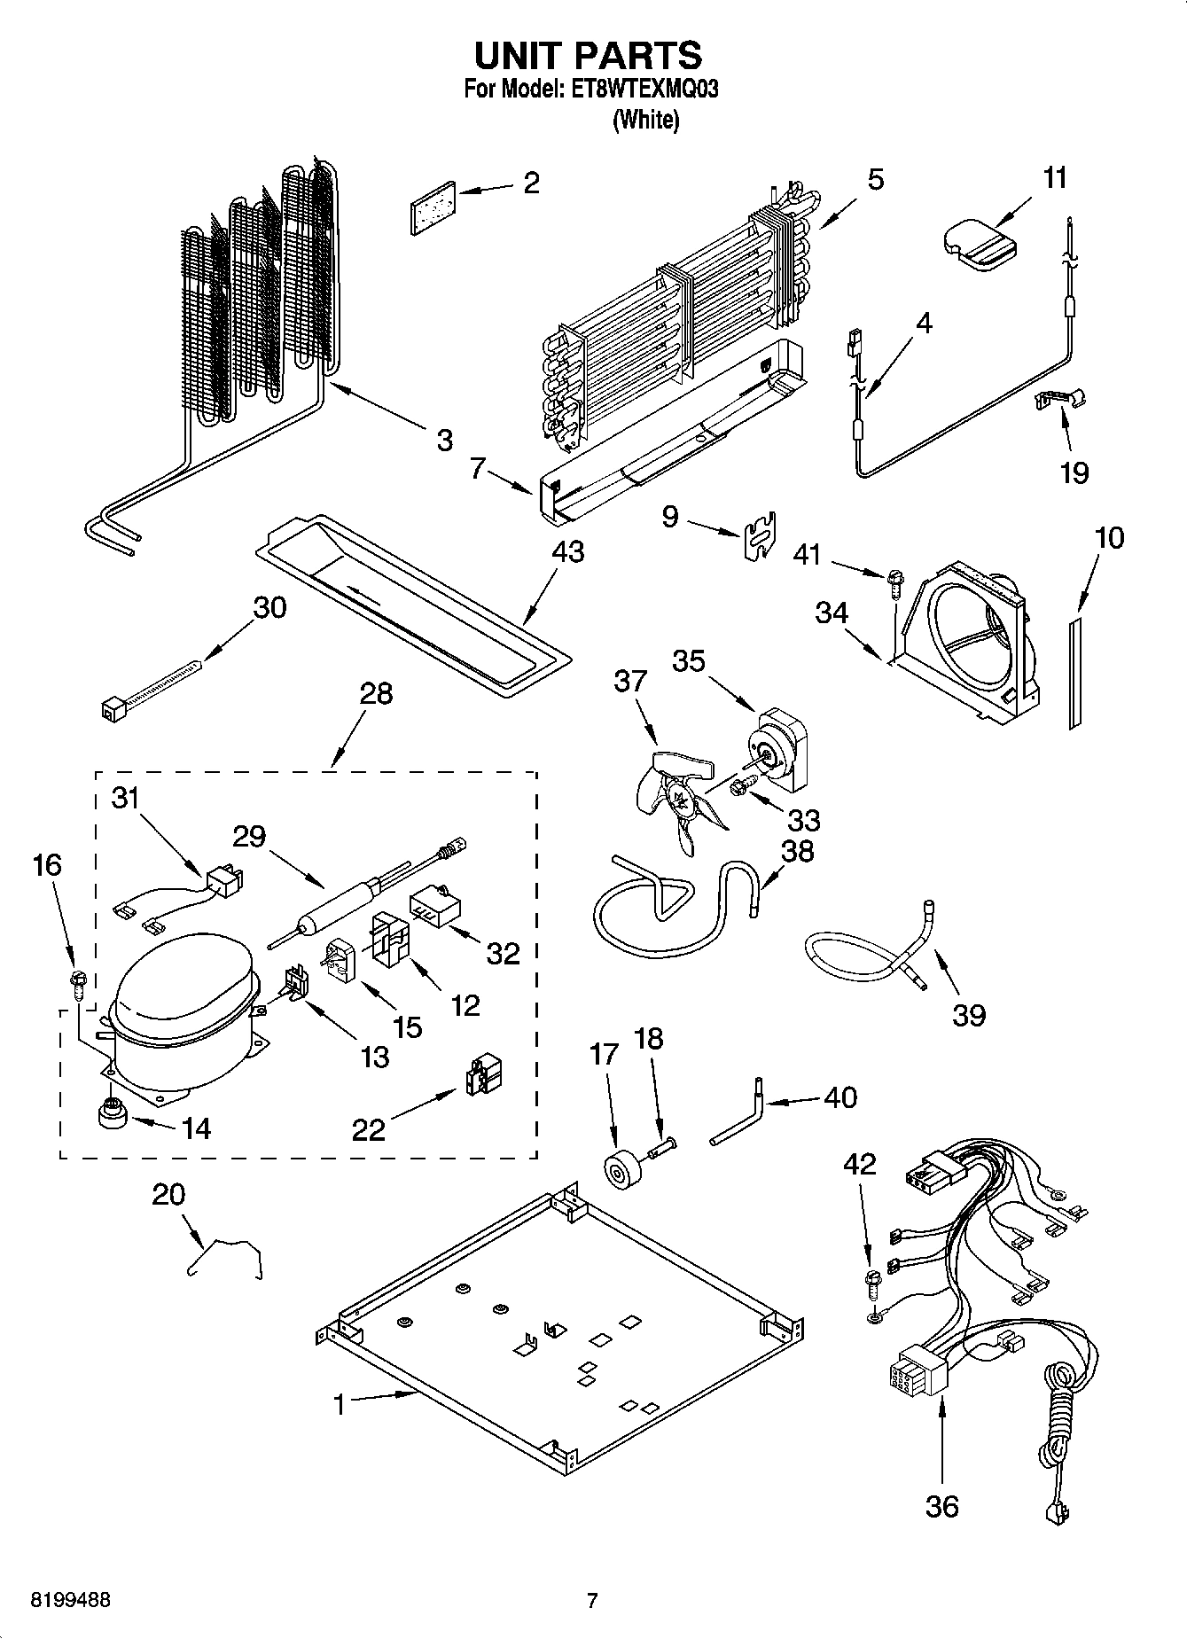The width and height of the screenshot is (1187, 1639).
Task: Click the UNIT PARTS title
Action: point(588,55)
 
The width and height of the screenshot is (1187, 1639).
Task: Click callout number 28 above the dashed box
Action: point(377,692)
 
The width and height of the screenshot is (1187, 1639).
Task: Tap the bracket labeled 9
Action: point(758,537)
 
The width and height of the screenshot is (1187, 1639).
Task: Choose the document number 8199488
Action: point(71,1600)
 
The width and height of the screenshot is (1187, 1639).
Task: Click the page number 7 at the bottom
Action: point(592,1600)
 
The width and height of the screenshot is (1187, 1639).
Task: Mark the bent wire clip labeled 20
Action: point(227,1256)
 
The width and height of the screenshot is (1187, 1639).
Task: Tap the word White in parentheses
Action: point(645,121)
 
